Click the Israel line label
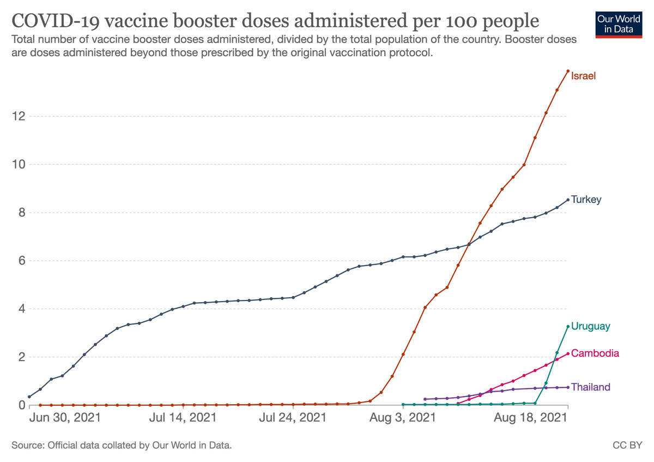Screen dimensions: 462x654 [x=583, y=76]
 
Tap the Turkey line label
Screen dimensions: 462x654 [x=586, y=200]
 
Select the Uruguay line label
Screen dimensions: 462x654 [x=590, y=326]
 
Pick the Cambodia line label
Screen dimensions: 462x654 [x=595, y=353]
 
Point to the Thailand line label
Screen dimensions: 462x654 [x=590, y=387]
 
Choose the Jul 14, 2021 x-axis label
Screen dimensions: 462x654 [x=182, y=419]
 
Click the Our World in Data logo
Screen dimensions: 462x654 [x=619, y=23]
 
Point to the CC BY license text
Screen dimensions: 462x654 [x=628, y=446]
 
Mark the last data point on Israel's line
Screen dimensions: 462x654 [x=568, y=71]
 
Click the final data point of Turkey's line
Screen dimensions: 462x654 [x=568, y=200]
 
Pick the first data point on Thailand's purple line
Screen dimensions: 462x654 [x=425, y=399]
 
